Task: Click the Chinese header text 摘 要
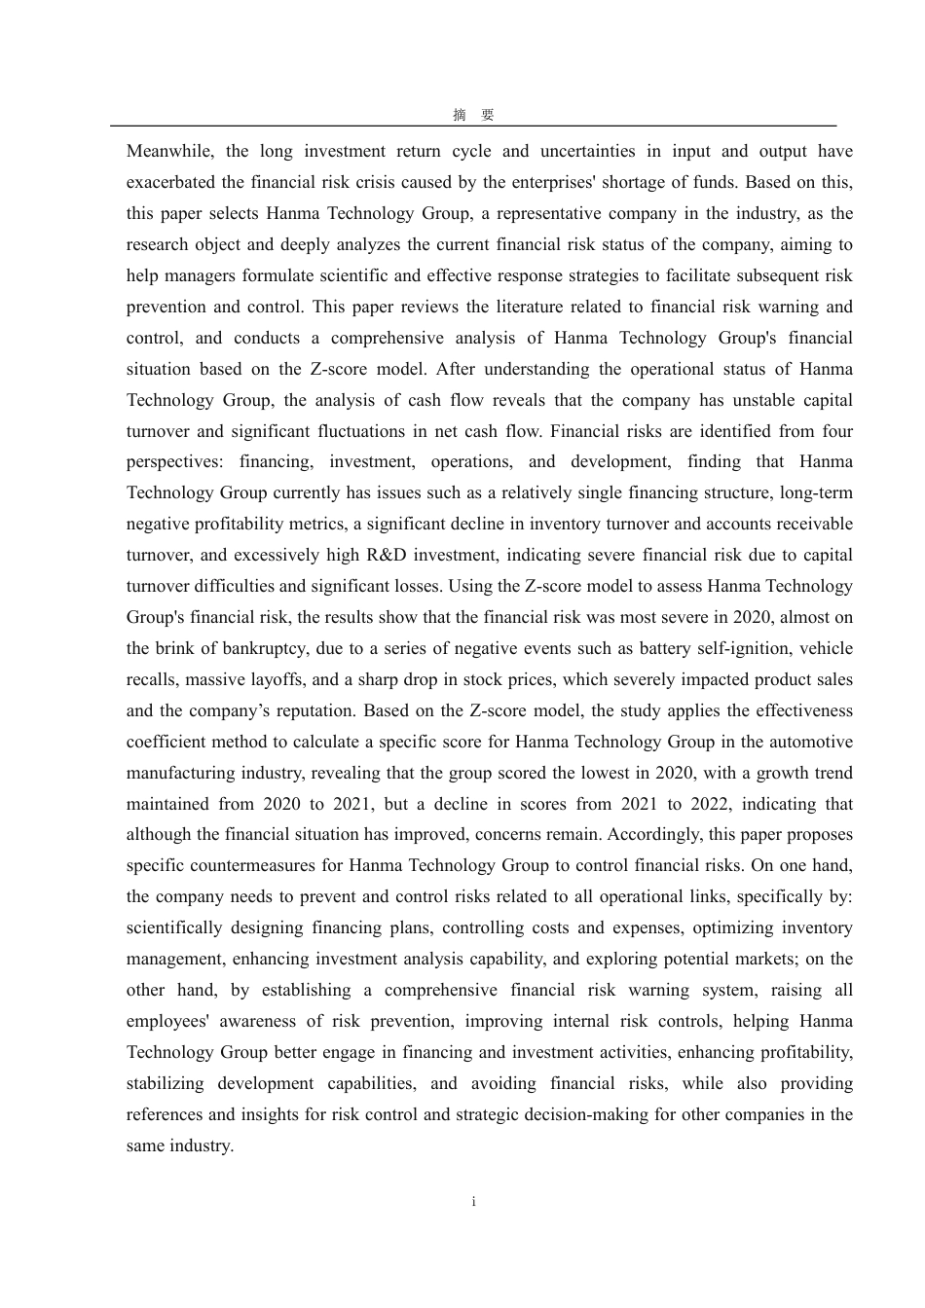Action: (x=473, y=115)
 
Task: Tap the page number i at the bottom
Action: (x=473, y=1202)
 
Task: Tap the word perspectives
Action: (x=172, y=461)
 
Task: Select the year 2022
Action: (x=714, y=804)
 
